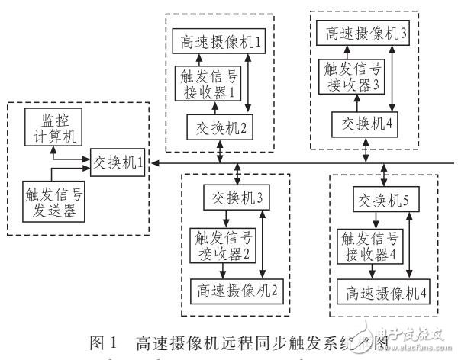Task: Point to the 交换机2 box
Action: tap(221, 127)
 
